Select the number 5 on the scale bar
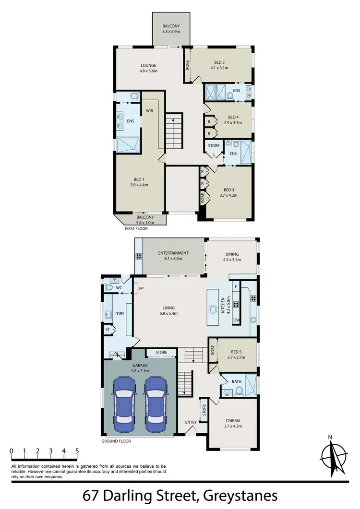click(x=77, y=451)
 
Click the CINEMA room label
click(x=233, y=421)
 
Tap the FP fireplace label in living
click(x=141, y=289)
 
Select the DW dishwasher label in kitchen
click(x=236, y=320)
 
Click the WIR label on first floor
click(x=149, y=111)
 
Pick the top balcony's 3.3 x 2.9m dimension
click(x=171, y=31)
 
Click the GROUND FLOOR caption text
click(x=116, y=441)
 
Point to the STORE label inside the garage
click(x=161, y=352)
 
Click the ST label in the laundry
click(x=108, y=330)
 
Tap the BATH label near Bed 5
click(x=237, y=381)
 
